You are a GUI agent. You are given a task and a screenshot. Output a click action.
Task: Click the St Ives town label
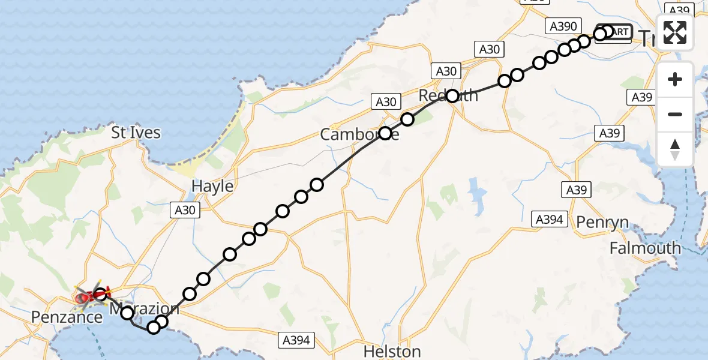pyautogui.click(x=136, y=132)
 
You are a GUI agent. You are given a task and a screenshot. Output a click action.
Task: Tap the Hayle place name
pyautogui.click(x=212, y=186)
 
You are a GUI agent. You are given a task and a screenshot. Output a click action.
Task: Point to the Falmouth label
pyautogui.click(x=645, y=247)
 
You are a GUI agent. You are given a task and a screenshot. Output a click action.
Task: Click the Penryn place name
pyautogui.click(x=602, y=223)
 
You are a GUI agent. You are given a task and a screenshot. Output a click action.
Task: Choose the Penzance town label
pyautogui.click(x=67, y=317)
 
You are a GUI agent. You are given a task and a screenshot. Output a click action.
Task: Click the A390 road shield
pyautogui.click(x=562, y=26)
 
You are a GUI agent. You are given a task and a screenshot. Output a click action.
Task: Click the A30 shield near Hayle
pyautogui.click(x=185, y=209)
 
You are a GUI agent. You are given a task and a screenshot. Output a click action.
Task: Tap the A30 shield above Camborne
pyautogui.click(x=386, y=102)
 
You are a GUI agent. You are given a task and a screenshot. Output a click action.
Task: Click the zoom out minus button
pyautogui.click(x=675, y=114)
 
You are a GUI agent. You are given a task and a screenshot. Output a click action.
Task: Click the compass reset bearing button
pyautogui.click(x=675, y=149)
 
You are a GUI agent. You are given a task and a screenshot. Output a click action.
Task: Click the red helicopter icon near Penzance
pyautogui.click(x=88, y=295)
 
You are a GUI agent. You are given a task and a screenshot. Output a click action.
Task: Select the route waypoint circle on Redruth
pyautogui.click(x=452, y=95)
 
